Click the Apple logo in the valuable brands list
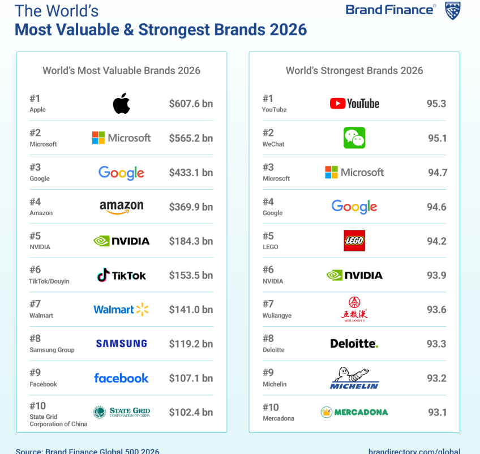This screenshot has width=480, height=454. click(122, 104)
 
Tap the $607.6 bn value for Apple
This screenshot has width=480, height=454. click(191, 104)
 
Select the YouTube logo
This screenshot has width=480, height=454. click(354, 104)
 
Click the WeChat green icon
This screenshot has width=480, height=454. click(354, 138)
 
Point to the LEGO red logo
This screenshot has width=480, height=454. click(355, 241)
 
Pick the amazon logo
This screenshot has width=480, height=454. click(122, 207)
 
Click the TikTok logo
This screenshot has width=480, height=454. click(122, 275)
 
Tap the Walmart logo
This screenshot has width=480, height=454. click(121, 310)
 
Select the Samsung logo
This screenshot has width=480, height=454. click(122, 344)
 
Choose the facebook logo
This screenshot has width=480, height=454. click(122, 378)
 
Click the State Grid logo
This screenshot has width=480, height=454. click(122, 412)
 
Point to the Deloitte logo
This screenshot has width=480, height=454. click(354, 344)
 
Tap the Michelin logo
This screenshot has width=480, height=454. click(354, 378)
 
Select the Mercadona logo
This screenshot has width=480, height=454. click(354, 412)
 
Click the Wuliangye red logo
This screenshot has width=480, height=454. click(354, 309)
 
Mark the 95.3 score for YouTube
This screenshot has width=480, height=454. click(436, 104)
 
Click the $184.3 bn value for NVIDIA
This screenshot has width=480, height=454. click(191, 241)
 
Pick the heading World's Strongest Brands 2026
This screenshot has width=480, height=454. click(354, 71)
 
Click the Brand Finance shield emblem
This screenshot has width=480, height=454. click(453, 10)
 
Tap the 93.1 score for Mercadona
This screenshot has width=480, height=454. click(436, 412)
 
